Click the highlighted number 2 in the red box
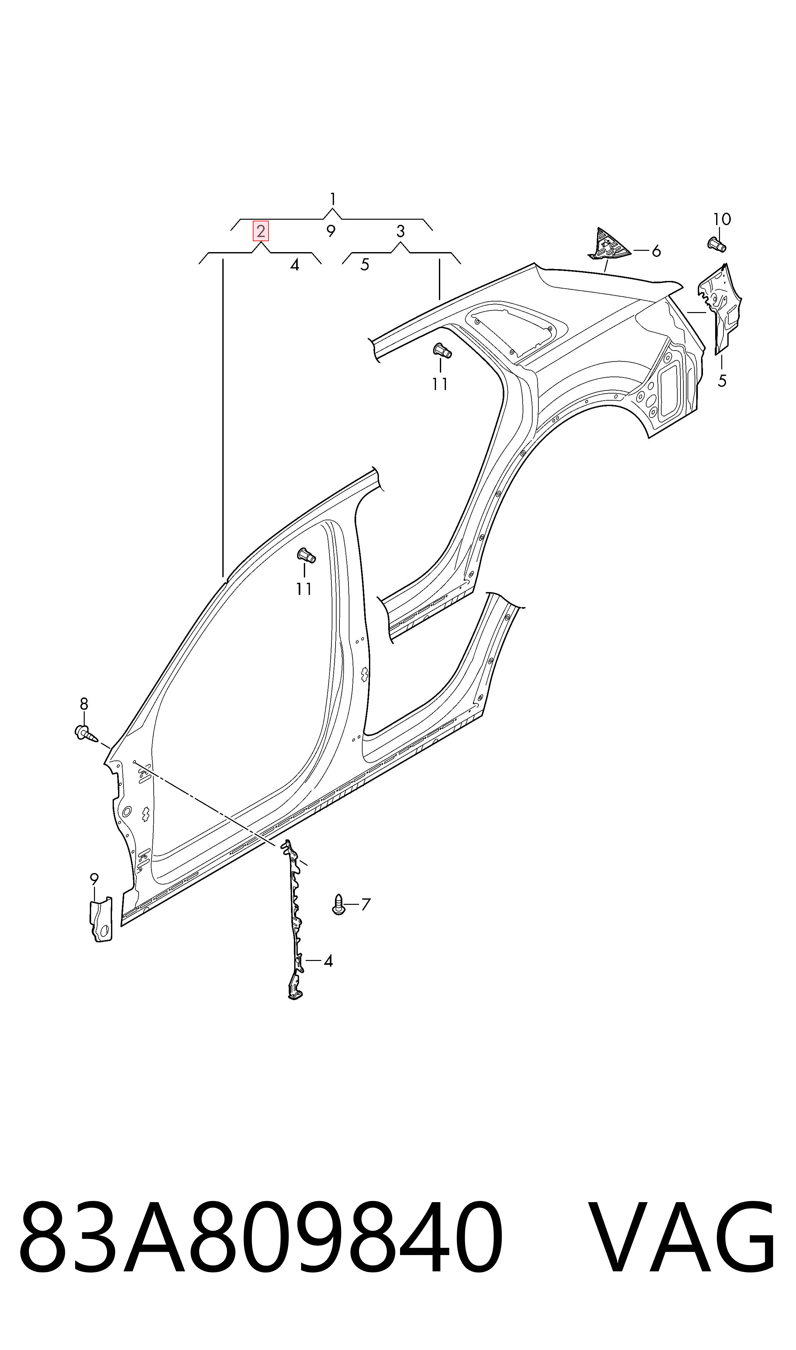click(261, 232)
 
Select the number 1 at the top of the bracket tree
click(333, 200)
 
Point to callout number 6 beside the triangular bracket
click(656, 251)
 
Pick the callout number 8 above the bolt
click(84, 704)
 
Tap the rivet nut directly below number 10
click(717, 244)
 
